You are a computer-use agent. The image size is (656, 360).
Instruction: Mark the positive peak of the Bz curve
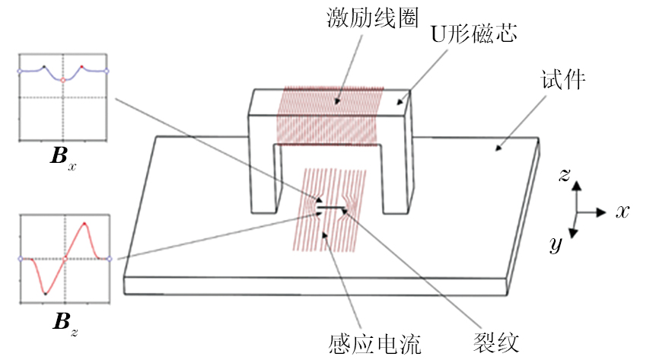85,224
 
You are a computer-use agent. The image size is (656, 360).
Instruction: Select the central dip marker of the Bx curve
64,80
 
